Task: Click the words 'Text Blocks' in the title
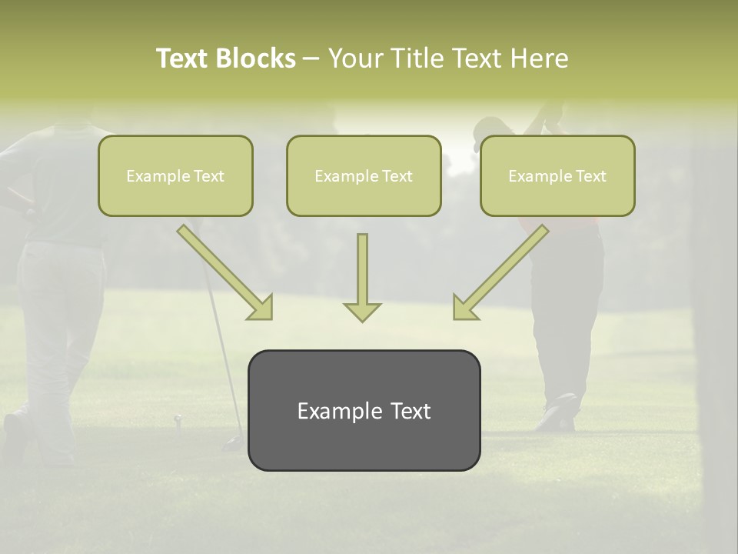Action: click(225, 58)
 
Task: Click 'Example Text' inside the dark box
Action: click(364, 411)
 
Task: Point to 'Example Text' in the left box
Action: click(175, 176)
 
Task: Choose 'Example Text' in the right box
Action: click(557, 176)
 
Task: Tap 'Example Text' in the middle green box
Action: click(364, 176)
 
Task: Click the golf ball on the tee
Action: click(178, 419)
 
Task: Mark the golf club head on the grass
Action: click(233, 444)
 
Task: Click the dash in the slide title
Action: click(312, 58)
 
